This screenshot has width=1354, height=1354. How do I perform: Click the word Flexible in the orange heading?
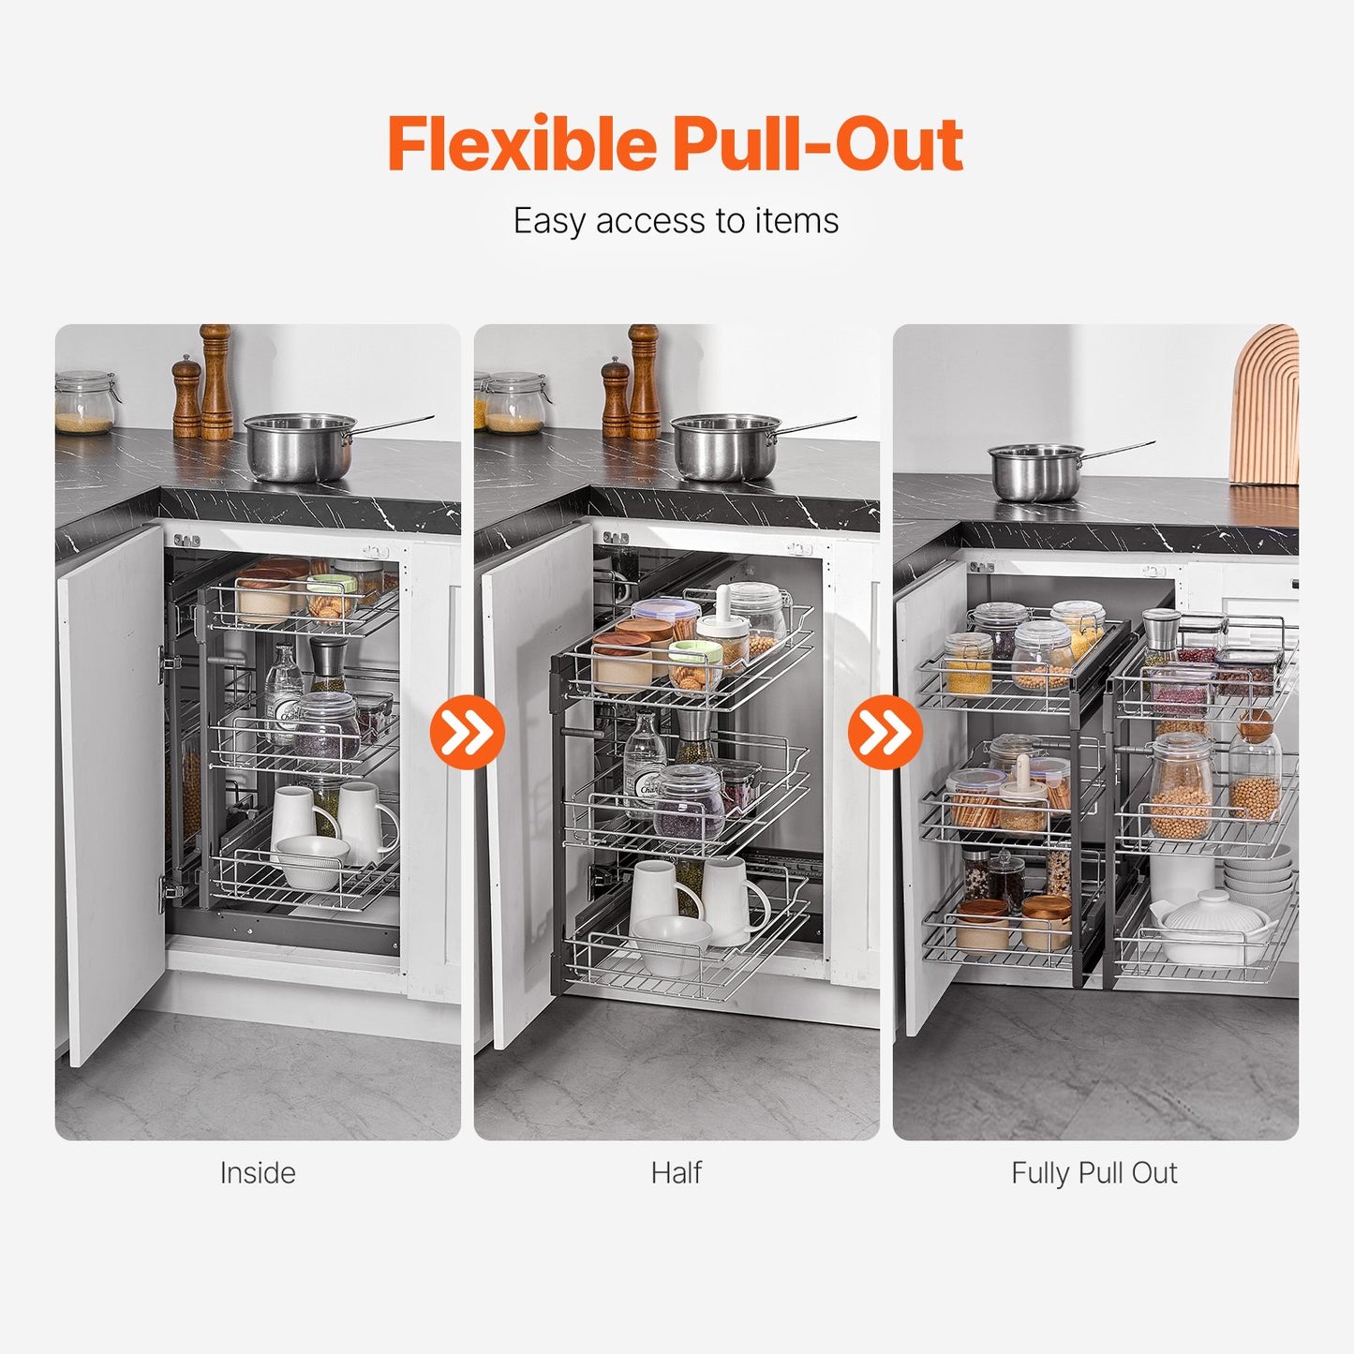click(522, 144)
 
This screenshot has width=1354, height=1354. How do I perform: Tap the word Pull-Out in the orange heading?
click(818, 144)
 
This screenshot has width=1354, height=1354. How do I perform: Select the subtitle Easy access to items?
click(676, 221)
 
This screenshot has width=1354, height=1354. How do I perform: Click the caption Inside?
click(258, 1173)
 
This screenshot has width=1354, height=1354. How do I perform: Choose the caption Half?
click(677, 1173)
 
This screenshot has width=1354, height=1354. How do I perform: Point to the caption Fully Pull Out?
click(1094, 1173)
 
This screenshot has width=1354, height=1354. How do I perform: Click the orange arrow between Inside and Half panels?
click(467, 732)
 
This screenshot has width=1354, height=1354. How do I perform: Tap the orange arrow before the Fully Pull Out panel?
click(885, 732)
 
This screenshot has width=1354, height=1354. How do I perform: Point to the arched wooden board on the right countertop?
click(1267, 408)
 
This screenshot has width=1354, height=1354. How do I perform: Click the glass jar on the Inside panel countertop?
click(84, 403)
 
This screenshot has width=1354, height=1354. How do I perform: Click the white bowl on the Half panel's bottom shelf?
click(671, 942)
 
